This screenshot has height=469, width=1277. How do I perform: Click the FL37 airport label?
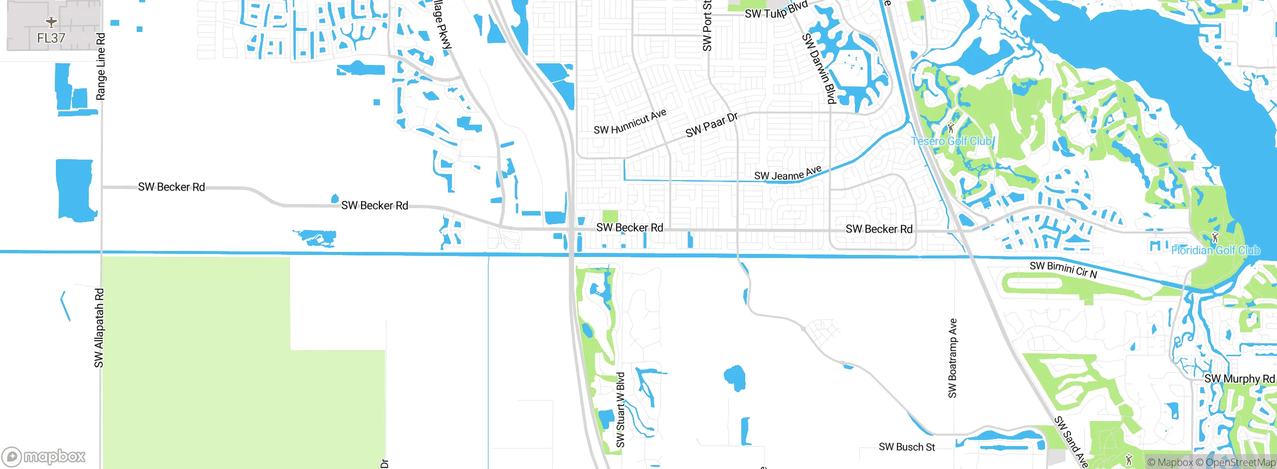(51, 38)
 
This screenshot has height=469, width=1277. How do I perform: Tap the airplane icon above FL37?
(51, 22)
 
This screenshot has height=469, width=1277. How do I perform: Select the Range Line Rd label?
(101, 66)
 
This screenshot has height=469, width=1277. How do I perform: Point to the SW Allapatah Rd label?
(99, 328)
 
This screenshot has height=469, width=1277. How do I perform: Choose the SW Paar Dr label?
(711, 125)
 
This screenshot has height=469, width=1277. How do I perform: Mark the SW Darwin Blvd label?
(819, 68)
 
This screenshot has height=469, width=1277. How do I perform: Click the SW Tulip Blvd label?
(776, 10)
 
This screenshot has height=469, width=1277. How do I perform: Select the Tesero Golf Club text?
(951, 141)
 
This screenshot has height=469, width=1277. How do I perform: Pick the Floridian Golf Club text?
(1215, 250)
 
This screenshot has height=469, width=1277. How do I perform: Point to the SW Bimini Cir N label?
(1064, 269)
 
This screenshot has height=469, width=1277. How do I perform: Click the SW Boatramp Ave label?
(953, 358)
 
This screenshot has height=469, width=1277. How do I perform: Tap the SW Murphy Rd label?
(1239, 379)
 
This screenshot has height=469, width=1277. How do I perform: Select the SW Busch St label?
(907, 447)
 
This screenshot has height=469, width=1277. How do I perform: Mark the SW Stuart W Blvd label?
(621, 410)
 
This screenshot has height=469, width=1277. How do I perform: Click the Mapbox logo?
(44, 456)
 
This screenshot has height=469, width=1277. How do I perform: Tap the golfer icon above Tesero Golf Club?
(950, 128)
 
